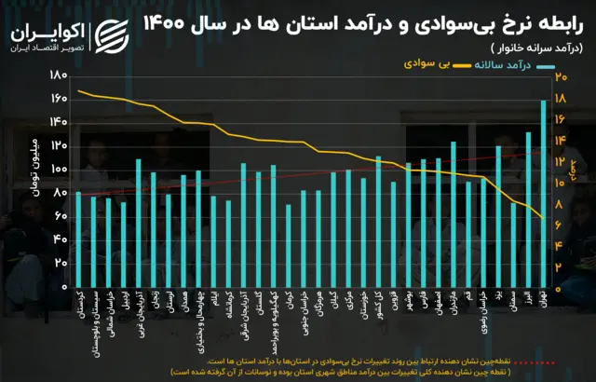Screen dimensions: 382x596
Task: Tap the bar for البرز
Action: click(x=529, y=210)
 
